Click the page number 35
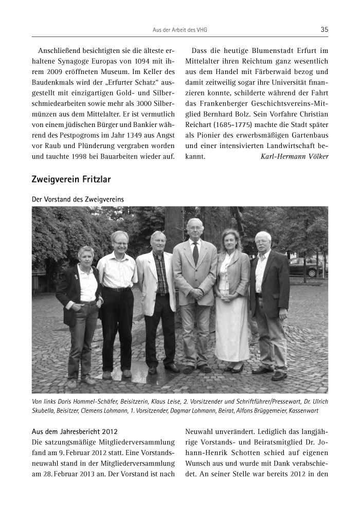[x=324, y=30]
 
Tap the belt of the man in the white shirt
[x=117, y=289]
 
